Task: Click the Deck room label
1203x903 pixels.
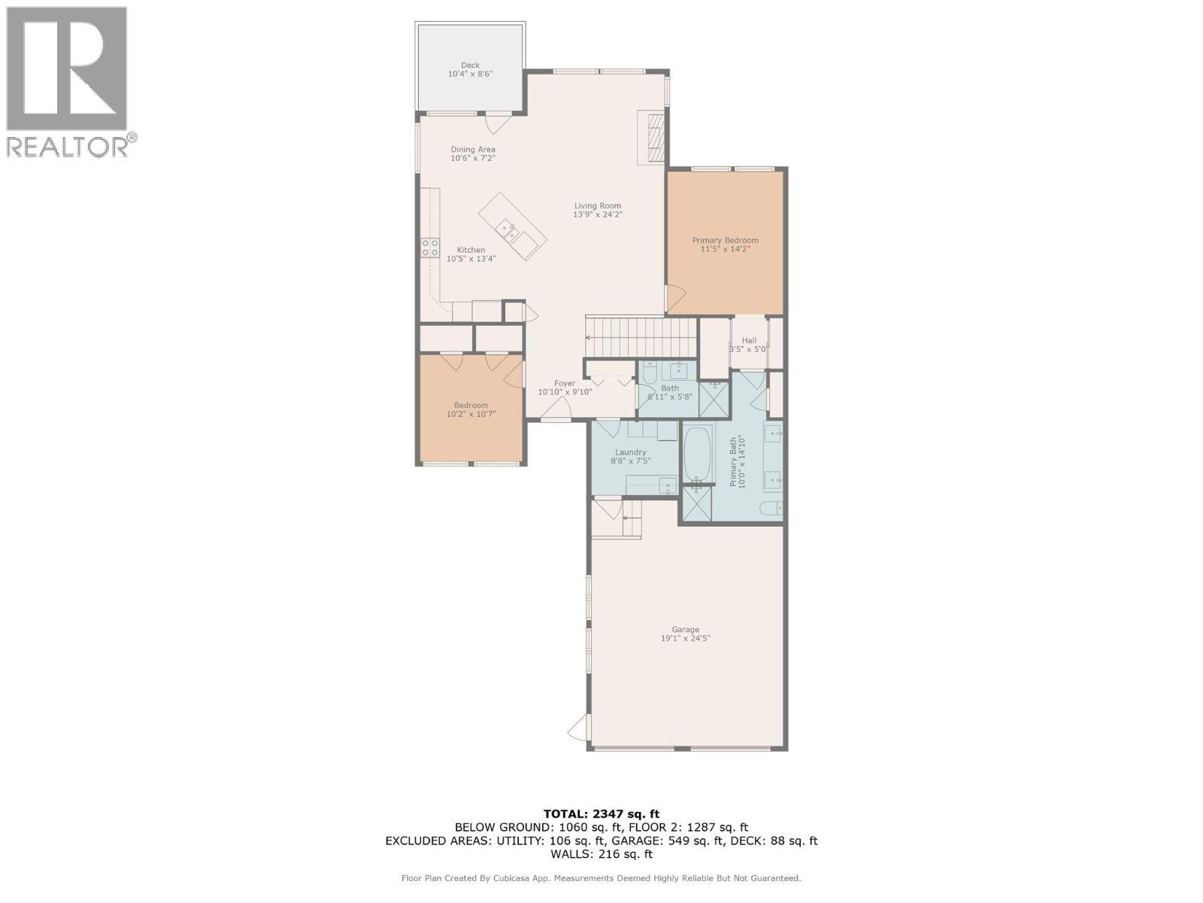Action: point(470,65)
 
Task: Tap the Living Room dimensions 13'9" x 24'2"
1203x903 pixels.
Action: point(598,214)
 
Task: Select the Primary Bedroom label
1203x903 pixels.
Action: point(725,241)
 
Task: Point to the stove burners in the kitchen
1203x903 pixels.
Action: point(429,248)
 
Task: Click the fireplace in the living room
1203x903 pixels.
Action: point(653,137)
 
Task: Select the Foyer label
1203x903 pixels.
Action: point(565,384)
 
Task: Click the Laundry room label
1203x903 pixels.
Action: point(630,452)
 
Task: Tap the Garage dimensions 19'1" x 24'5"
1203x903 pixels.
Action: point(685,638)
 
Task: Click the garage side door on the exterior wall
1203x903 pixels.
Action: point(577,728)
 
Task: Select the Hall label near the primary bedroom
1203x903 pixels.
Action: point(749,340)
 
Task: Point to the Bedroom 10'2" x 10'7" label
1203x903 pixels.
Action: point(471,406)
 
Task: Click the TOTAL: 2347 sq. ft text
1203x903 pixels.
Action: point(601,813)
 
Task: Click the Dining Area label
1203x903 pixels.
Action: point(473,150)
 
